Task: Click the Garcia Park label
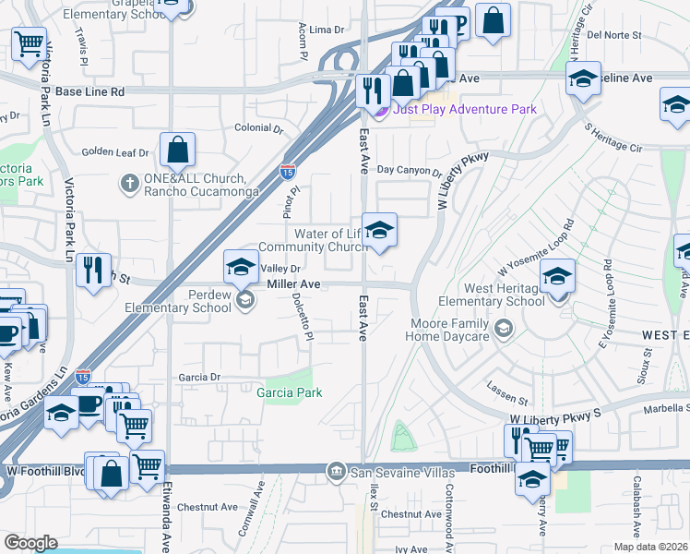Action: (295, 393)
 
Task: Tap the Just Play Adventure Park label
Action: (464, 110)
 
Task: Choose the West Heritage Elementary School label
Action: (491, 295)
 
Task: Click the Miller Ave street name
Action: (293, 284)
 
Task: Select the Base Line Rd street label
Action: (89, 92)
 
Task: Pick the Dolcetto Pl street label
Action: (300, 317)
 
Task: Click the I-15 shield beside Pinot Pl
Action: (287, 171)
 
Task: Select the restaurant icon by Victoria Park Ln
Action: (93, 270)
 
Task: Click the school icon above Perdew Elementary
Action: (240, 267)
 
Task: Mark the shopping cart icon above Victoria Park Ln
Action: (30, 42)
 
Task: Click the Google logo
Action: (30, 543)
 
